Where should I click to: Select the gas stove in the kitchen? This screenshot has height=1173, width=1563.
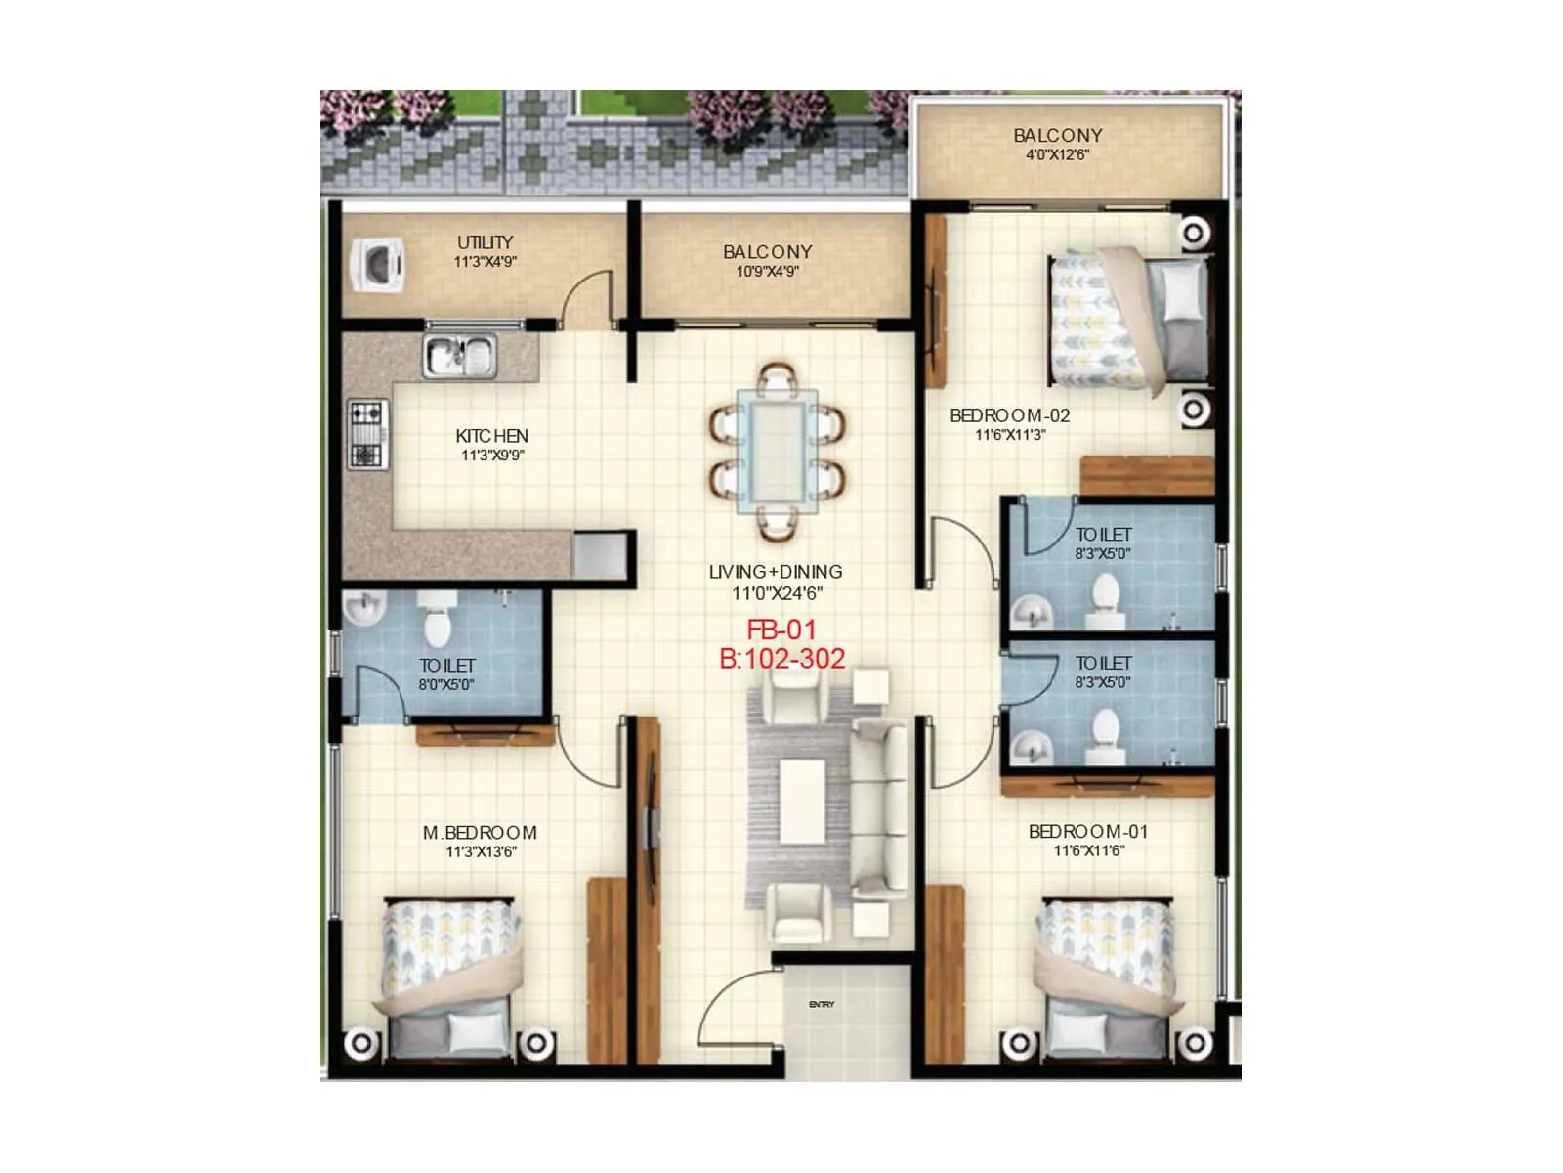[367, 434]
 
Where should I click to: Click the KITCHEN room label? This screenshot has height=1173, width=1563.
[491, 436]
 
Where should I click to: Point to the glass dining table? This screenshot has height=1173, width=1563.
[777, 451]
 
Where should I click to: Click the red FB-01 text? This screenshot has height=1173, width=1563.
[781, 630]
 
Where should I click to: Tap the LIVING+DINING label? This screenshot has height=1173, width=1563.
[776, 572]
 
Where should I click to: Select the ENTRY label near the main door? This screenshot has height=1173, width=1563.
[822, 1005]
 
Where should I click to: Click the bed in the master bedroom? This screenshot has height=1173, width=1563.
[450, 977]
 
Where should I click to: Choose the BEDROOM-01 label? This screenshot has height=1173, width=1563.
[1088, 832]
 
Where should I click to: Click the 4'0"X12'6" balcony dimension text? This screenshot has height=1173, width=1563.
[1057, 154]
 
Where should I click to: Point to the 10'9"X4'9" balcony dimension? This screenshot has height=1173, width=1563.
[767, 272]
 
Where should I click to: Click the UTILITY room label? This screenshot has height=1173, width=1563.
[485, 241]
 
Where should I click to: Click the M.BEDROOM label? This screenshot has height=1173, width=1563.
[480, 833]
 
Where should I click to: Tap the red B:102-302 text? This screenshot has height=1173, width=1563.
[781, 659]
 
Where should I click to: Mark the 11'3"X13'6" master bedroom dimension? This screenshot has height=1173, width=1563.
[481, 852]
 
